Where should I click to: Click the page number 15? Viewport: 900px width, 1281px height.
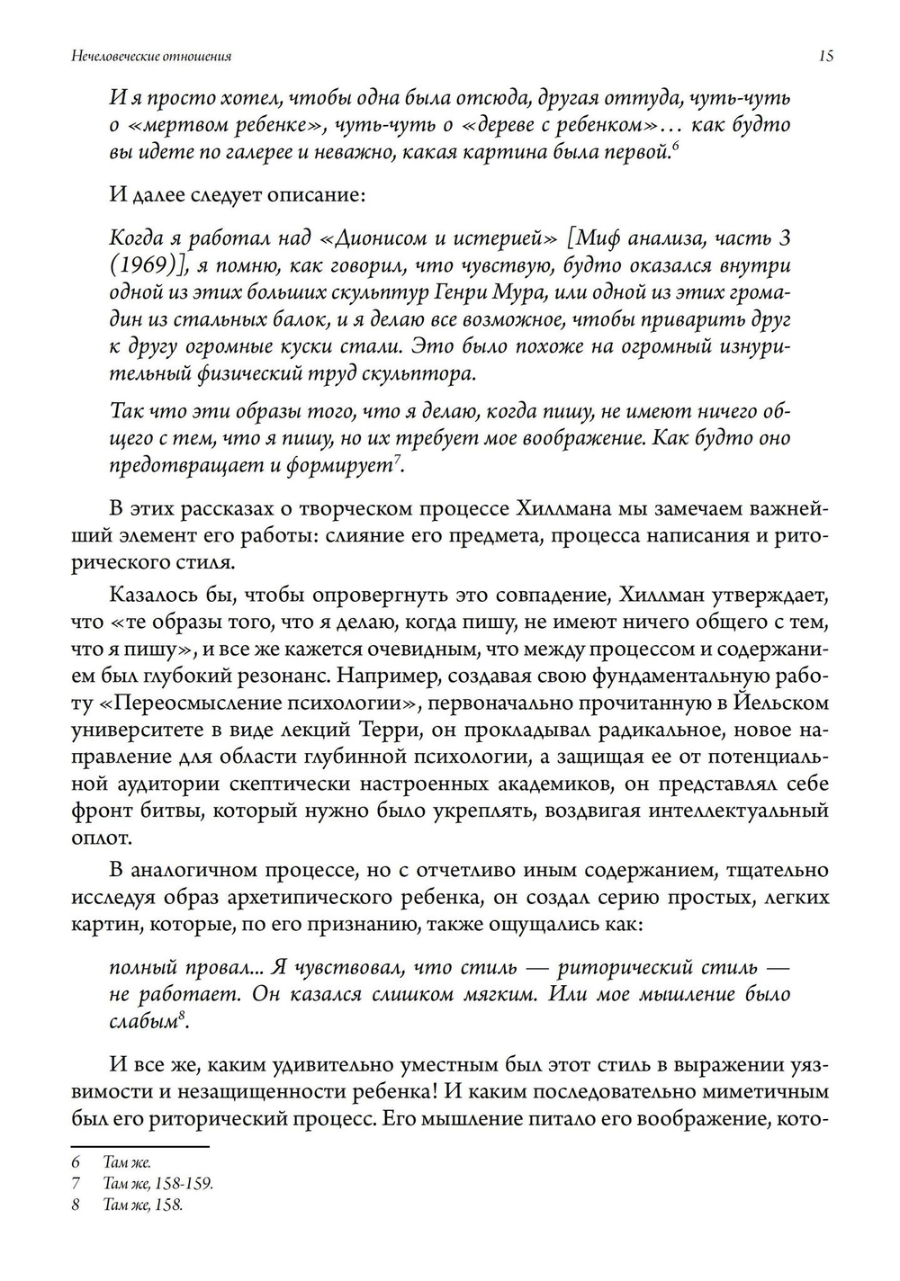point(825,56)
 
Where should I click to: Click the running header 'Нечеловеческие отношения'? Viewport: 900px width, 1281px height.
point(151,56)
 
